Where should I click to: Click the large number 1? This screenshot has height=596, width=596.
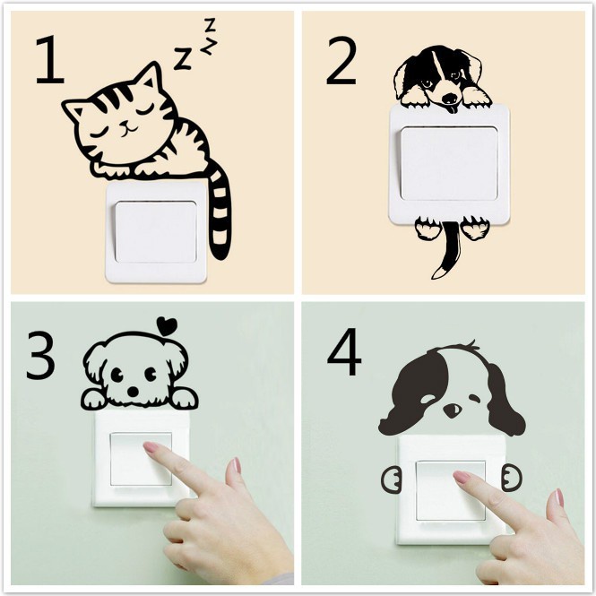pyautogui.click(x=50, y=60)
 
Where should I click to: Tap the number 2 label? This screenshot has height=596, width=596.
pyautogui.click(x=341, y=60)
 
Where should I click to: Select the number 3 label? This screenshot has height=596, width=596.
pyautogui.click(x=40, y=355)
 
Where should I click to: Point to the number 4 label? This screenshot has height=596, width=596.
pyautogui.click(x=344, y=351)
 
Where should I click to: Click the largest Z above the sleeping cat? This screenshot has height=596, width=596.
pyautogui.click(x=183, y=58)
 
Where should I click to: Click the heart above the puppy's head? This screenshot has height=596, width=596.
pyautogui.click(x=167, y=326)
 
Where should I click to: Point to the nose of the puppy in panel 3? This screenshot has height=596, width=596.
pyautogui.click(x=133, y=391)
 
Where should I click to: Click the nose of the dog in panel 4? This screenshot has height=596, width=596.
pyautogui.click(x=453, y=410)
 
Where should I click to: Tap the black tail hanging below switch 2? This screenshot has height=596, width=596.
pyautogui.click(x=448, y=251)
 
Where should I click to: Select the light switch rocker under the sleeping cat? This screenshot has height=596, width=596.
pyautogui.click(x=156, y=232)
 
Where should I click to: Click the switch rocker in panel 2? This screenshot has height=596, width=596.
pyautogui.click(x=449, y=164)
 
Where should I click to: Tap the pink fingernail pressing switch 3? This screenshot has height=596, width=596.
pyautogui.click(x=152, y=447)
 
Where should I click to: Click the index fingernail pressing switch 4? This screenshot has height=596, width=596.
pyautogui.click(x=462, y=477)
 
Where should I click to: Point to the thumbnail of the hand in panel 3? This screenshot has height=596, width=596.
pyautogui.click(x=237, y=466)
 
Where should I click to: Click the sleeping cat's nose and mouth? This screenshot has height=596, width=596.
pyautogui.click(x=129, y=127)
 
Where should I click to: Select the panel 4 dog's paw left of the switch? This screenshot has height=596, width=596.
pyautogui.click(x=391, y=480)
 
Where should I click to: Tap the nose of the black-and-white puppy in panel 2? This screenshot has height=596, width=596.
pyautogui.click(x=451, y=99)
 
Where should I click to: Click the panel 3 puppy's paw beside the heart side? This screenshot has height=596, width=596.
pyautogui.click(x=184, y=398)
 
